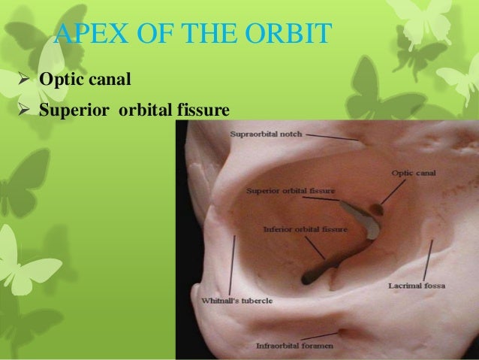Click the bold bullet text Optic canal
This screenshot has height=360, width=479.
[x=80, y=79]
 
